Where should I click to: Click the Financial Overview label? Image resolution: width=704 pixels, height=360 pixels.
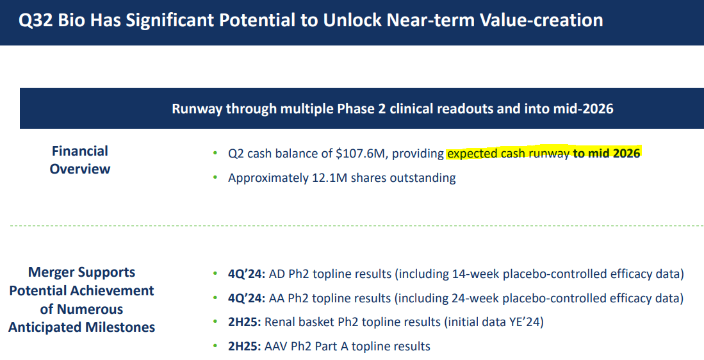tap(80, 160)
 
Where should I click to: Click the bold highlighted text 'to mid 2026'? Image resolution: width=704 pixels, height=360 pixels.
tap(606, 154)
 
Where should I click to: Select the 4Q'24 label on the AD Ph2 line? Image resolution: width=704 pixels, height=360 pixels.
tap(245, 274)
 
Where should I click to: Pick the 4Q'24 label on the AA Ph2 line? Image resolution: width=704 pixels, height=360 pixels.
tap(245, 299)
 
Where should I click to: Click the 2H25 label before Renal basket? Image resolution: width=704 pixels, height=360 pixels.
tap(244, 322)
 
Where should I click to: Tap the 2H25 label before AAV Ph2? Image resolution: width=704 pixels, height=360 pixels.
tap(244, 347)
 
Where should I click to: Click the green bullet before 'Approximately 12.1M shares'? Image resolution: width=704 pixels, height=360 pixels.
tap(215, 178)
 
